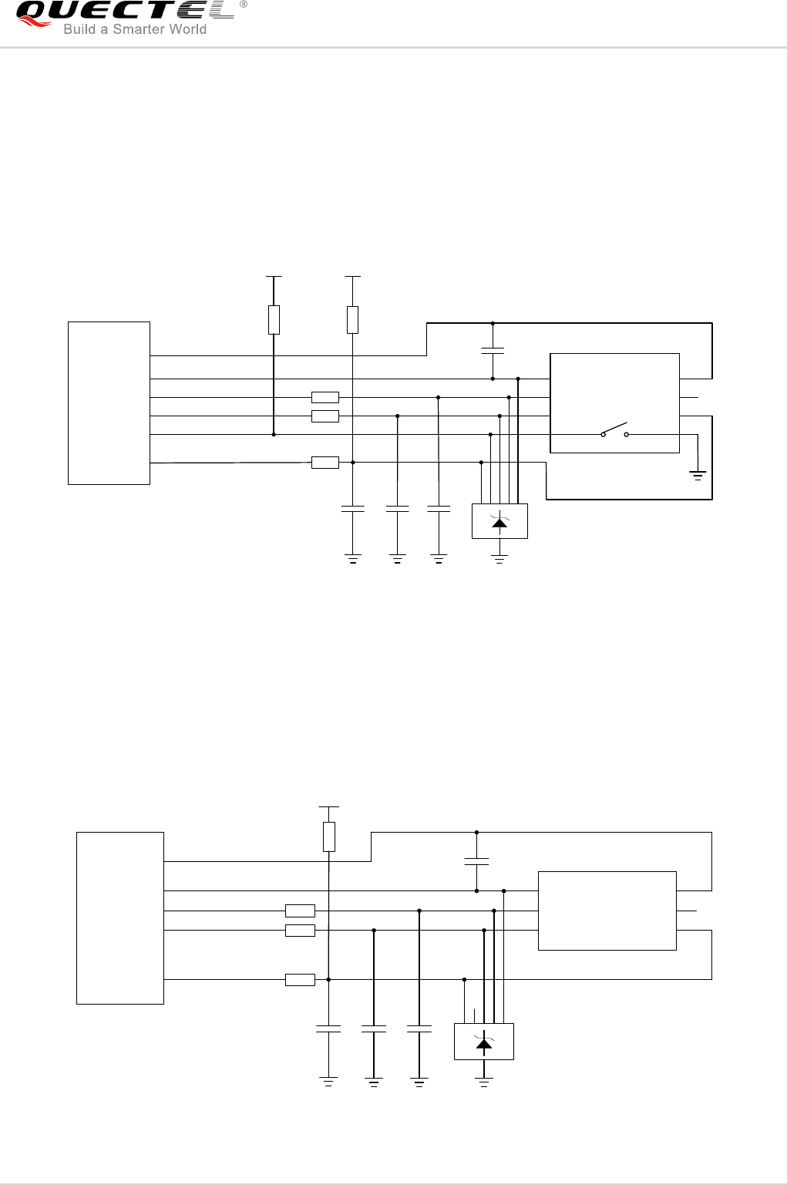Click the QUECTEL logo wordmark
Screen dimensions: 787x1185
[123, 11]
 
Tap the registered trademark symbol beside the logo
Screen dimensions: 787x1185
[244, 5]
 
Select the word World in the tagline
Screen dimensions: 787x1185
[188, 29]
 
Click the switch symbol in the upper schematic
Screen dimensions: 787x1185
[615, 429]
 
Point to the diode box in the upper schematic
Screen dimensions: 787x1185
[499, 521]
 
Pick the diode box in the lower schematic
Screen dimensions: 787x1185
[484, 1042]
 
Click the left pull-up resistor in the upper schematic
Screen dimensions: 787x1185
[274, 319]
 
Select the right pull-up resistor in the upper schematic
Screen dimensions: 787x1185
[352, 319]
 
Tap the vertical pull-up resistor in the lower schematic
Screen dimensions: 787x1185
[329, 837]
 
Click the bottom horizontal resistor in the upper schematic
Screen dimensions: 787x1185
[325, 463]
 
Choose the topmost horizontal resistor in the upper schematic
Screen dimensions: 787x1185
[325, 398]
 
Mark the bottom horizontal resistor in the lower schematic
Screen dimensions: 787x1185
[300, 980]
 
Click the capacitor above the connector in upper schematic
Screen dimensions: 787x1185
[493, 351]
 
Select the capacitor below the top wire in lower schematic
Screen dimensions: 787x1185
[477, 861]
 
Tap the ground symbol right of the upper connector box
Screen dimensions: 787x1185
[698, 475]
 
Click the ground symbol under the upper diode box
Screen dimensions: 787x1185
[499, 559]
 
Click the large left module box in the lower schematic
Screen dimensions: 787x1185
[120, 918]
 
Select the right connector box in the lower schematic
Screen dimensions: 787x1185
[607, 911]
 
